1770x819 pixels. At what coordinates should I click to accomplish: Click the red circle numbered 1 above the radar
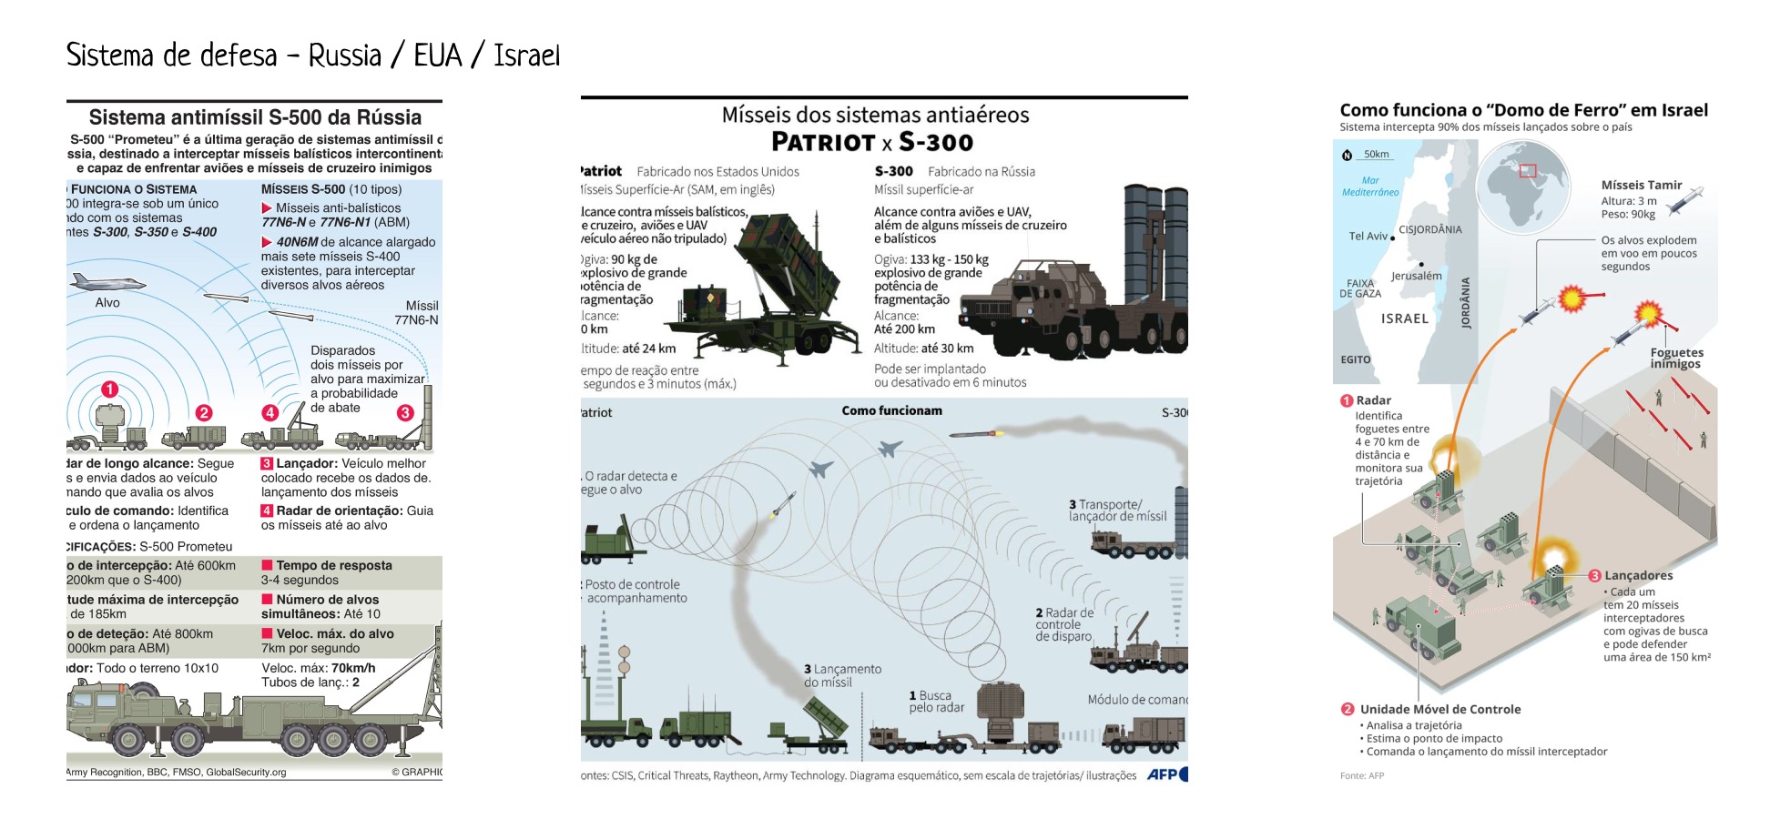pyautogui.click(x=109, y=389)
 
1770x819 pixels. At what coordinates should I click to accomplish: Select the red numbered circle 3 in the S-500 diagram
pyautogui.click(x=405, y=412)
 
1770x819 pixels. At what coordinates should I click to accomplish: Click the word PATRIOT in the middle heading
pyautogui.click(x=823, y=143)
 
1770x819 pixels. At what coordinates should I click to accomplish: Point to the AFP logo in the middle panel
pyautogui.click(x=1166, y=774)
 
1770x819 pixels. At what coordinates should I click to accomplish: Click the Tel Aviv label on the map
pyautogui.click(x=1368, y=237)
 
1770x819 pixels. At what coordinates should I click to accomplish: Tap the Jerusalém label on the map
pyautogui.click(x=1416, y=276)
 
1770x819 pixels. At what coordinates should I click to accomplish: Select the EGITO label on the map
pyautogui.click(x=1355, y=359)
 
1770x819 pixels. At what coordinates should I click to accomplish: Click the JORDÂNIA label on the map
pyautogui.click(x=1465, y=303)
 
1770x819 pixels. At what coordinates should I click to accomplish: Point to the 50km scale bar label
pyautogui.click(x=1376, y=154)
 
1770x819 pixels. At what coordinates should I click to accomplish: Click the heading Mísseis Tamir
pyautogui.click(x=1641, y=185)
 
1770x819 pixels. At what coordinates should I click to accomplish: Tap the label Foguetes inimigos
pyautogui.click(x=1676, y=359)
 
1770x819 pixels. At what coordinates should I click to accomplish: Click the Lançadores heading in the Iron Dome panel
pyautogui.click(x=1638, y=575)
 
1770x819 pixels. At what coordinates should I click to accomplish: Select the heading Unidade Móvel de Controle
pyautogui.click(x=1439, y=709)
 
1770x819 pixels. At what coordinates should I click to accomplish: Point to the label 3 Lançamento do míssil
pyautogui.click(x=841, y=675)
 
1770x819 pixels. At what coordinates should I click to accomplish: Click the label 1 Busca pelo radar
pyautogui.click(x=935, y=702)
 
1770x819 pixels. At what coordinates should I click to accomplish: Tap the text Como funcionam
pyautogui.click(x=891, y=410)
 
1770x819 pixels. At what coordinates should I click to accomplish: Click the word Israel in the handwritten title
pyautogui.click(x=526, y=56)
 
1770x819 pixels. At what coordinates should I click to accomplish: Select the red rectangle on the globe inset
pyautogui.click(x=1527, y=170)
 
